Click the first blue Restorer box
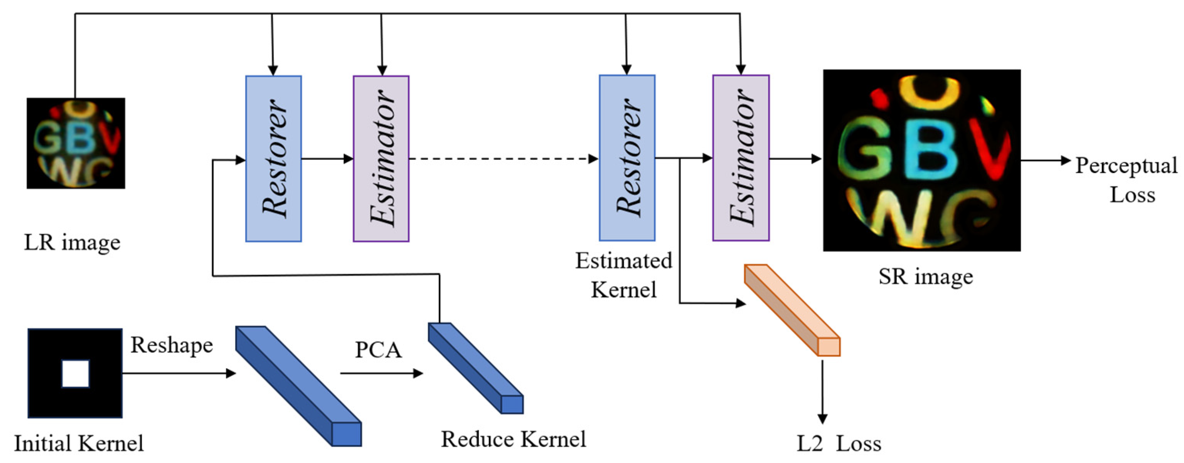(273, 158)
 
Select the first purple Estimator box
(381, 158)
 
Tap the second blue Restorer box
(627, 158)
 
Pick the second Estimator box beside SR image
(741, 158)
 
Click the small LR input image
(76, 143)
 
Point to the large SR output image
(921, 160)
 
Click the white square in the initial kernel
(76, 373)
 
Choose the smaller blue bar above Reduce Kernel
(475, 367)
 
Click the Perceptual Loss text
(1126, 179)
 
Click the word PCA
(378, 350)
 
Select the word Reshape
(172, 345)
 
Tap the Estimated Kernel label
(624, 275)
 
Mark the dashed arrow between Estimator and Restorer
(503, 159)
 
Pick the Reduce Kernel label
(514, 439)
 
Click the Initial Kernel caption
(79, 444)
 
